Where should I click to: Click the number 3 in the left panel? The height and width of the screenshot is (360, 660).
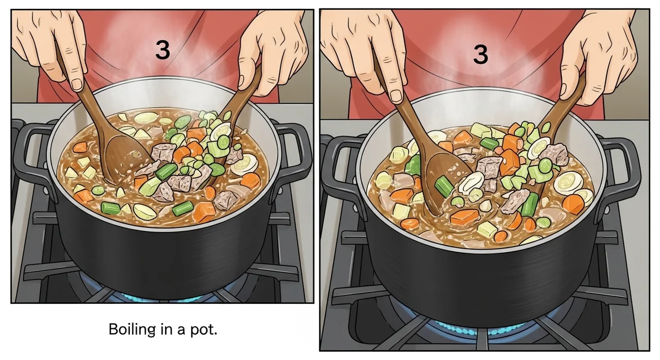[x=162, y=50]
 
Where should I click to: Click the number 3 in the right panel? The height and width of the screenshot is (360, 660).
[x=480, y=55]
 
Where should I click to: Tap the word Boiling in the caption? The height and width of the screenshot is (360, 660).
[x=132, y=329]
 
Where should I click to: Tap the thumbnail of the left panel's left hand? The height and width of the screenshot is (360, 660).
[x=77, y=84]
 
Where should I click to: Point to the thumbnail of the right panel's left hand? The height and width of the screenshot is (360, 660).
[x=395, y=95]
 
